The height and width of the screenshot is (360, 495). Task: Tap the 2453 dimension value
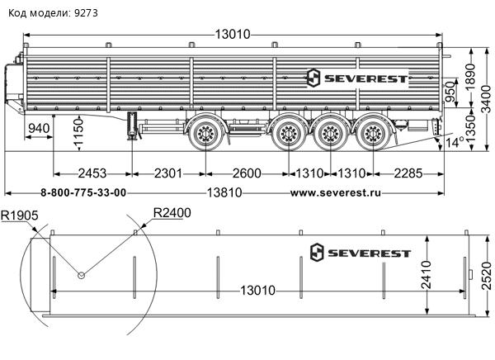click(92, 173)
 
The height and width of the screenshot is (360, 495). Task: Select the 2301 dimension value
click(168, 173)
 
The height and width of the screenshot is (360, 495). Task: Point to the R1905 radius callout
click(19, 216)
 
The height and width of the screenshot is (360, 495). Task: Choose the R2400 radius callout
click(172, 213)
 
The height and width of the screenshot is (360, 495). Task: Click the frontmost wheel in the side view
click(205, 133)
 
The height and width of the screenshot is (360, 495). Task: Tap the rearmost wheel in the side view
click(372, 133)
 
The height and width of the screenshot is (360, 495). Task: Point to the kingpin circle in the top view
click(81, 276)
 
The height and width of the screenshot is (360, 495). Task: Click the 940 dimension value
click(38, 129)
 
